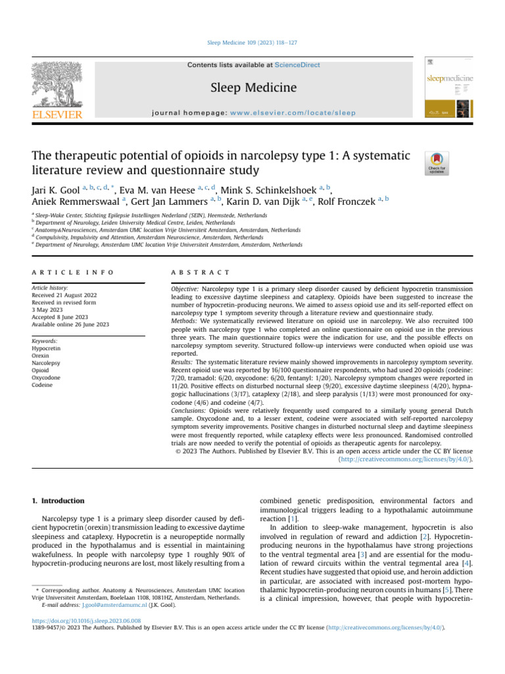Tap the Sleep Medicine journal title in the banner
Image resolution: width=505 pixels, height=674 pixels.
point(252,88)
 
